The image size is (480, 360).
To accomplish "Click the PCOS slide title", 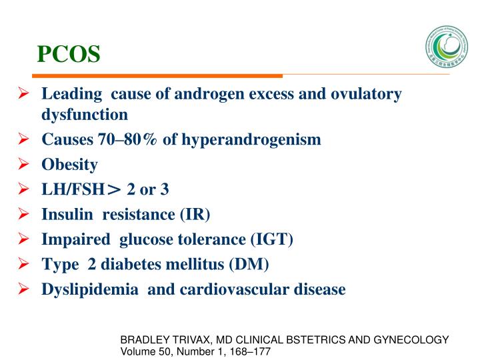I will tap(68, 53).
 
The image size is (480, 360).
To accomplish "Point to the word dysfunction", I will tap(85, 114).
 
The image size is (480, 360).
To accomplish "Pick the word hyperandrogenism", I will tap(257, 140).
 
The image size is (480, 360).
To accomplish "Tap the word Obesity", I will tap(70, 165).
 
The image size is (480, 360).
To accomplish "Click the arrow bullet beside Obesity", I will tap(24, 165).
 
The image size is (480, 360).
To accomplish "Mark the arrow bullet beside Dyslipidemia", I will tap(24, 290).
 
